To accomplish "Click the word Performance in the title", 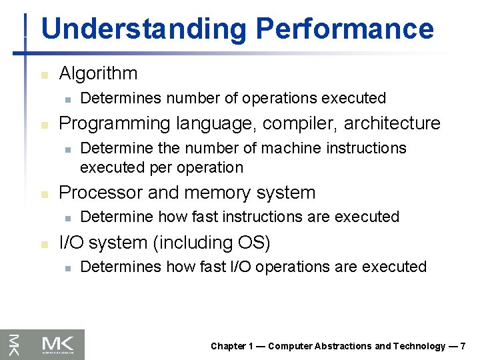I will [x=345, y=29].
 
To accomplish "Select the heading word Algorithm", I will [x=98, y=73].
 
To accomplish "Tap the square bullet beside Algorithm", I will [x=44, y=75].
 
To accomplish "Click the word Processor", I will [x=101, y=193].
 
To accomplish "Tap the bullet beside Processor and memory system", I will [x=44, y=194].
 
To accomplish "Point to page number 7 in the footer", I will [x=463, y=346].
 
